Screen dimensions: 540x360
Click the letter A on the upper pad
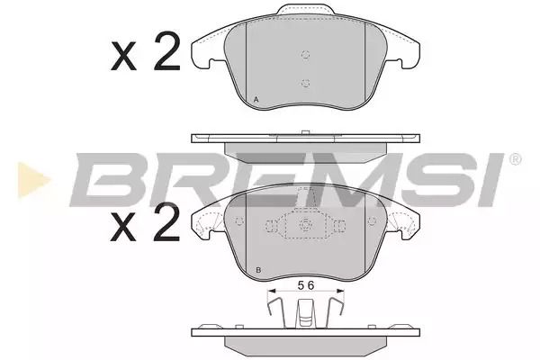click(x=256, y=100)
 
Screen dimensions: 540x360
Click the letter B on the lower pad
click(x=258, y=270)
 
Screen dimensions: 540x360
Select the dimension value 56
click(x=306, y=285)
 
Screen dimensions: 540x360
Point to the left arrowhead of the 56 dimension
click(x=272, y=291)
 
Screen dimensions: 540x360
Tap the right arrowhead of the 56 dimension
click(x=340, y=291)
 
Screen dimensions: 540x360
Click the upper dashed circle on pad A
click(x=305, y=54)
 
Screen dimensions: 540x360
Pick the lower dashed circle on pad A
click(x=305, y=83)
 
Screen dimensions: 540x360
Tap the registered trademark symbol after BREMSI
click(x=515, y=159)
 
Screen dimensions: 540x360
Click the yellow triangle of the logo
click(x=33, y=180)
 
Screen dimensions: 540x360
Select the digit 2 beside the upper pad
click(x=167, y=51)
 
